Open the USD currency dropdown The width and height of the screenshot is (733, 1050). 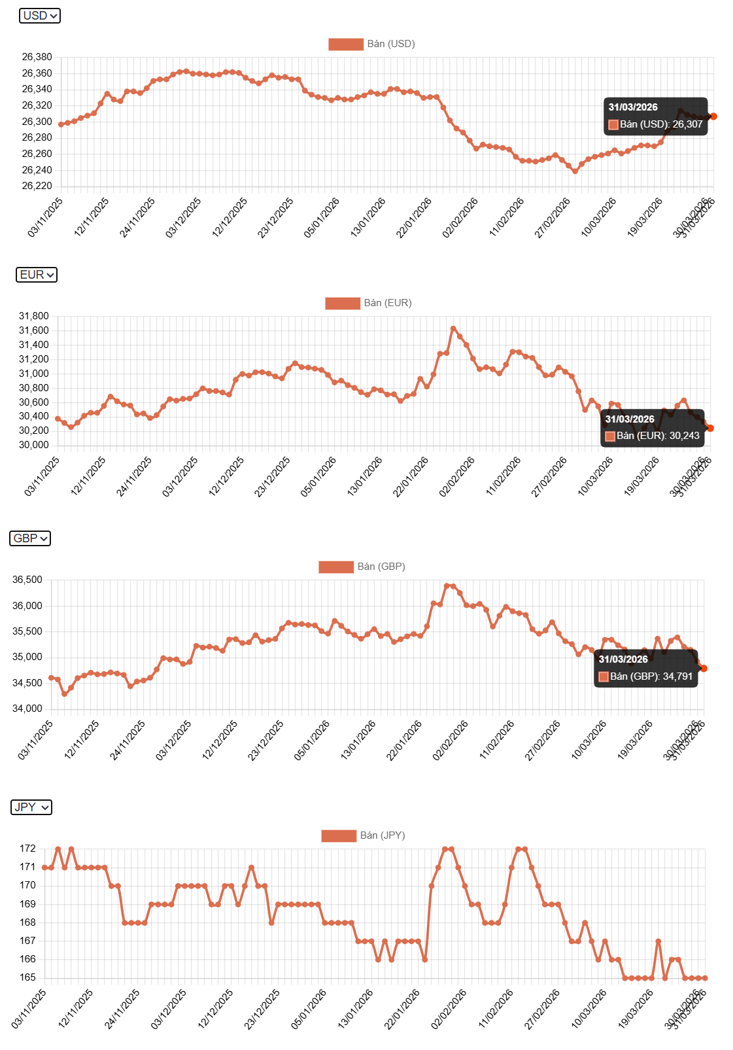40,16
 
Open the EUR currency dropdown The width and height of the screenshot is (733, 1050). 37,275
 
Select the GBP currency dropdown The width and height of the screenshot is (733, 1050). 30,538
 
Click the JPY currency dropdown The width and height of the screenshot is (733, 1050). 31,807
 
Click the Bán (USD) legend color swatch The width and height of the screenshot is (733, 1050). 345,44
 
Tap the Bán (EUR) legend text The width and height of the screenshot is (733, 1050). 387,303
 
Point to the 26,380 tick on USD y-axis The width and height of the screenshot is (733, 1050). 37,57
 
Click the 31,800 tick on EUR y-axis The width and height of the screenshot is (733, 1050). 33,316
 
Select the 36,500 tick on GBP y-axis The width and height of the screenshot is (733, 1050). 27,580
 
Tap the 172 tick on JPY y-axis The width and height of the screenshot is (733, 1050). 27,849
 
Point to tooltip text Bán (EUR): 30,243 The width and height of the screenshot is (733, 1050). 657,436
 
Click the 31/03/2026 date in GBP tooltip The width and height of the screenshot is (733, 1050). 622,659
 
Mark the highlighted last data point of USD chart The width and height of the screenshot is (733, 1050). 713,116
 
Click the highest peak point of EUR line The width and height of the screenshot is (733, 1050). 453,329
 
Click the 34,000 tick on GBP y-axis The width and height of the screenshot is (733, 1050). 27,709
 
